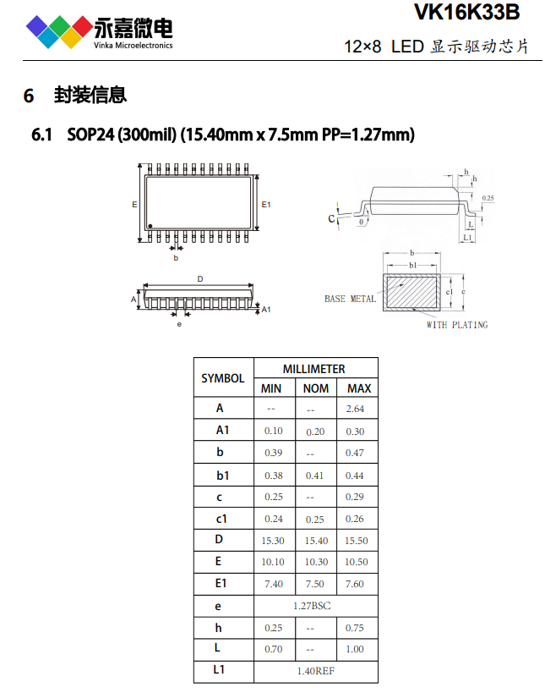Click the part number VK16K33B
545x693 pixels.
coord(467,12)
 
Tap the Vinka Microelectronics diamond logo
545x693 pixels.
coord(60,31)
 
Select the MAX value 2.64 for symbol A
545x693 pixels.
coord(355,409)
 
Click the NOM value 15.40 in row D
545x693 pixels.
coord(316,541)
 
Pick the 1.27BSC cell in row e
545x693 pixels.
coord(312,606)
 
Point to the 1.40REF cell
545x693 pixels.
coord(316,671)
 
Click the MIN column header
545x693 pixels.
coord(271,388)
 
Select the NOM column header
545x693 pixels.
coord(316,388)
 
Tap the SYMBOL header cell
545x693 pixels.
coord(223,378)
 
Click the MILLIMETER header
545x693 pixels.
coord(313,369)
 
